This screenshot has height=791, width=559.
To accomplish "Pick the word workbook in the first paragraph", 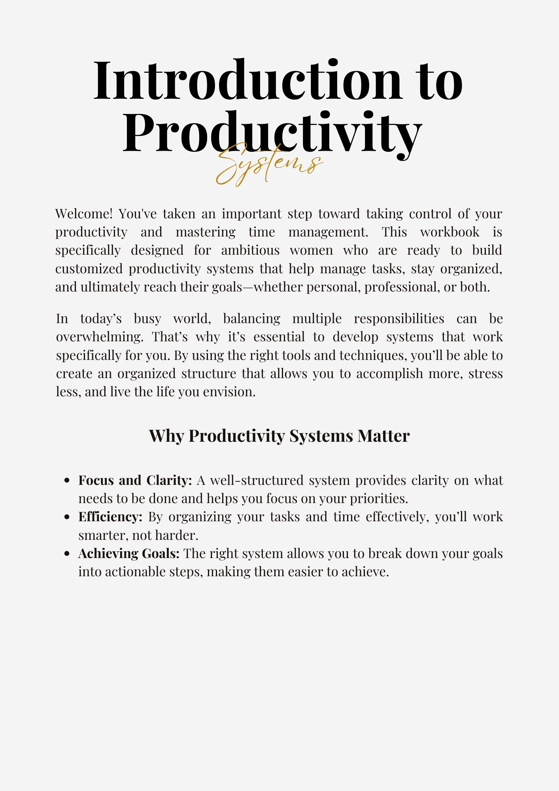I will (449, 232).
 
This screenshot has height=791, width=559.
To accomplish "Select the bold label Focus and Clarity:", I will (135, 480).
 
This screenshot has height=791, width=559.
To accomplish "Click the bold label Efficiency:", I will (110, 517).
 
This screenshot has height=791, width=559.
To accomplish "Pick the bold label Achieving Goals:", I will (129, 553).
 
